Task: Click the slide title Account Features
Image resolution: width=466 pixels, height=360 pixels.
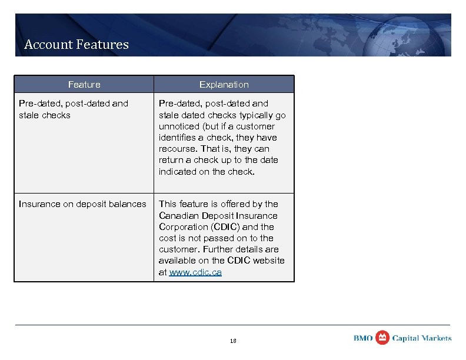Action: pos(76,44)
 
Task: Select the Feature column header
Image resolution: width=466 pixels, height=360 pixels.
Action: pos(84,85)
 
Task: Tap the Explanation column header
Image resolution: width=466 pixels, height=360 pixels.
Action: pos(224,85)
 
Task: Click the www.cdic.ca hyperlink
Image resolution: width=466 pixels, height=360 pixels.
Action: pos(195,272)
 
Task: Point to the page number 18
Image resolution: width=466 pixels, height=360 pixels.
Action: pos(232,341)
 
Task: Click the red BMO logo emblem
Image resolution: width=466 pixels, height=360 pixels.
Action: pos(382,338)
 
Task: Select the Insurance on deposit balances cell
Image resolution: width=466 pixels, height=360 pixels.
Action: pos(82,204)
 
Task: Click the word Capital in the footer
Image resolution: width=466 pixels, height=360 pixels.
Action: pos(406,338)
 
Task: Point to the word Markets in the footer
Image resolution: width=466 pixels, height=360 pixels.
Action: pos(437,338)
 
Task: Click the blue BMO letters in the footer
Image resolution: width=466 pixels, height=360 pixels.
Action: pos(363,338)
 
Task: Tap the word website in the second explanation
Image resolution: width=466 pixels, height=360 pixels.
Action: pos(268,261)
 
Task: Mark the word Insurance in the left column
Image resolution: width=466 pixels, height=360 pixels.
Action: pos(39,204)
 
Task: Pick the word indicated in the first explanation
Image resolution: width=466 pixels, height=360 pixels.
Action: pos(177,171)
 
